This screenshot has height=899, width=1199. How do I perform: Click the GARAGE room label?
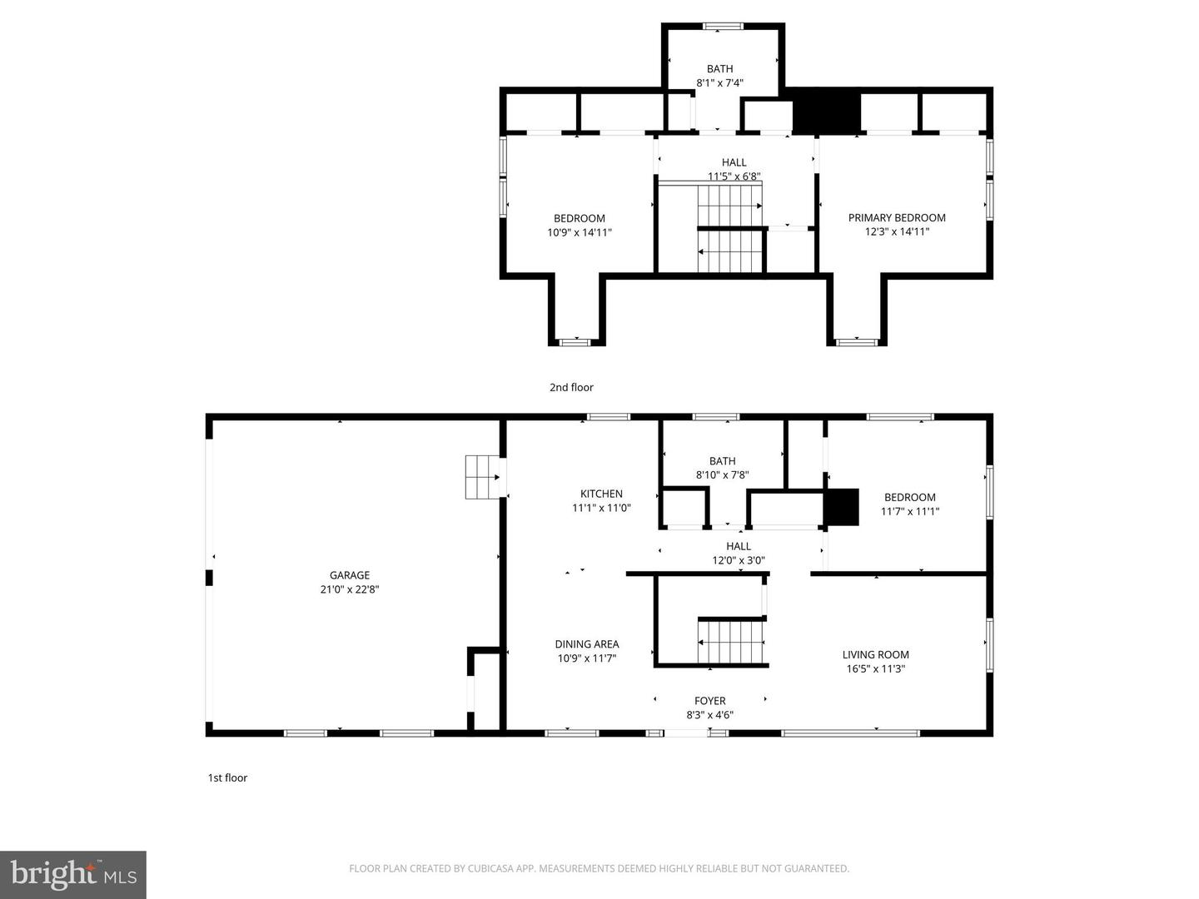point(349,575)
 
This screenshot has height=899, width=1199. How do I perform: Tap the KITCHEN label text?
point(601,494)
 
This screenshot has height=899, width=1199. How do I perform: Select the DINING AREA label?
point(586,643)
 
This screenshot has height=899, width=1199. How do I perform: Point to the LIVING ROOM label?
point(875,654)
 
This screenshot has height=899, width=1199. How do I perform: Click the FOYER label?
point(709,701)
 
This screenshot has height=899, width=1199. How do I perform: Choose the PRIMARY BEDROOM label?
point(897,217)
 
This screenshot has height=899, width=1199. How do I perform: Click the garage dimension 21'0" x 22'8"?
point(349,589)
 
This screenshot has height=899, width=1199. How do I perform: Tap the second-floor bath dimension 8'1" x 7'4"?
point(719,83)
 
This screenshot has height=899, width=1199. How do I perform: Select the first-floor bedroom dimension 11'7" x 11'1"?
point(909,512)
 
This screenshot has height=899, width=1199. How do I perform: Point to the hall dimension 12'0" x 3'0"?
point(738,561)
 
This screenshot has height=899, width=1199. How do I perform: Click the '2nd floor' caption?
point(571,387)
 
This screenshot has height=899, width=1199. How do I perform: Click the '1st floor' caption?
point(227,777)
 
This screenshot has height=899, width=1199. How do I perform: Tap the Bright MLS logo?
point(73,874)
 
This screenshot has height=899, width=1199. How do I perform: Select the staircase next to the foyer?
point(731,642)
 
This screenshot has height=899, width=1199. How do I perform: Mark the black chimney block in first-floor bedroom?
point(841,507)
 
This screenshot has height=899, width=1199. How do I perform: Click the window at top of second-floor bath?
point(723,27)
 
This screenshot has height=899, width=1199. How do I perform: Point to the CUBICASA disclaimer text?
point(599,868)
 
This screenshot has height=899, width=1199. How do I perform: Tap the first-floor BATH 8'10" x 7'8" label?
point(722,468)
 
